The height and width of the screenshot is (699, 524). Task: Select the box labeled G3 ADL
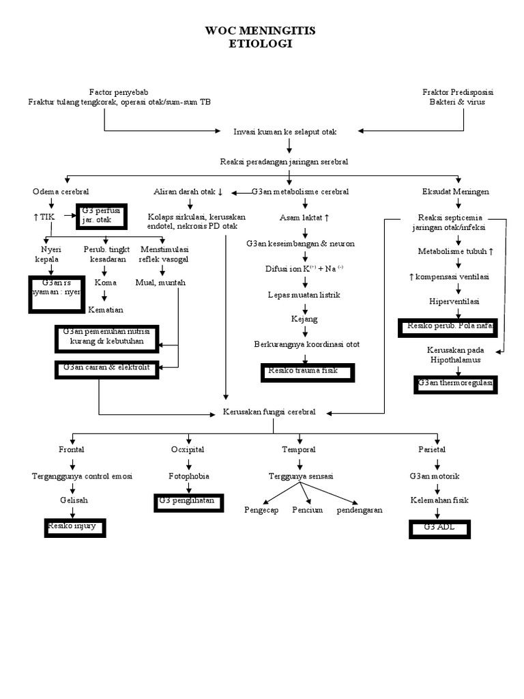439,529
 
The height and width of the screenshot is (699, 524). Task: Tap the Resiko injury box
72,528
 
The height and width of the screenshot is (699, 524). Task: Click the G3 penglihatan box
186,502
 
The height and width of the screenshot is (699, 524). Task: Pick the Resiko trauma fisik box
308,372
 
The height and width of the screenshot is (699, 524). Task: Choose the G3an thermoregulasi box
455,384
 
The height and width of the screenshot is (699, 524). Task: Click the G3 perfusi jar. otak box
102,215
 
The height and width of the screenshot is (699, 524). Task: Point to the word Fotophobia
188,476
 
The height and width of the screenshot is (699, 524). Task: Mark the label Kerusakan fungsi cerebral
269,412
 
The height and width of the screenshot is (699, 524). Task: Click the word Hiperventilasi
454,301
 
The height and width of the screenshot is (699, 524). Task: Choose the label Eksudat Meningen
456,192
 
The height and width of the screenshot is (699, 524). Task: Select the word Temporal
299,450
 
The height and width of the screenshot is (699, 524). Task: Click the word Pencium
308,510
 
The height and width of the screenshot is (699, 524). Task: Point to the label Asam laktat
304,218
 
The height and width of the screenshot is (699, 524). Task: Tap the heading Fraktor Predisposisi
458,92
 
